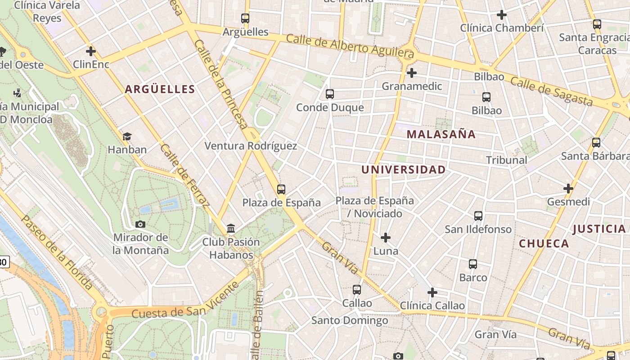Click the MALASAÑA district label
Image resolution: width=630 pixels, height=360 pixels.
click(x=441, y=134)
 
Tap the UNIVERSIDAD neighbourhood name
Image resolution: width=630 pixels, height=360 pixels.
click(x=404, y=170)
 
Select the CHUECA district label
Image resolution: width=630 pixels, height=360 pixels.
click(x=544, y=243)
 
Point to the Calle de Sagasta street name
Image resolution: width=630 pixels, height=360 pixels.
click(x=551, y=92)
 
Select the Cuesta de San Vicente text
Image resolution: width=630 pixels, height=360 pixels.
click(x=184, y=306)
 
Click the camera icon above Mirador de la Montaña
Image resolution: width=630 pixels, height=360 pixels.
click(x=140, y=224)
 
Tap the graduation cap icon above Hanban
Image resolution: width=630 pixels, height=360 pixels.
click(x=127, y=136)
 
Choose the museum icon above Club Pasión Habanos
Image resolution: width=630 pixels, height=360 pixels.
click(x=231, y=229)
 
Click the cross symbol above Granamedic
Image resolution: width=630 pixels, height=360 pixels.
click(x=411, y=72)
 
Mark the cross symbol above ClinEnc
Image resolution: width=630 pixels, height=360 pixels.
click(x=91, y=51)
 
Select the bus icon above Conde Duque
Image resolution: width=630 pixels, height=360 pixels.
click(x=330, y=94)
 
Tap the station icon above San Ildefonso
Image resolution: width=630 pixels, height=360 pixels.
click(x=478, y=216)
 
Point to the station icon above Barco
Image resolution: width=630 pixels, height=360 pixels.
click(x=473, y=264)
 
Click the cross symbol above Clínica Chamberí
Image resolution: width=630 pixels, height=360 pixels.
click(x=502, y=15)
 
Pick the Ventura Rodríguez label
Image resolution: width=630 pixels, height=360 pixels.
click(x=251, y=146)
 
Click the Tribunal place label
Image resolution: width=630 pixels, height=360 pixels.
click(x=506, y=160)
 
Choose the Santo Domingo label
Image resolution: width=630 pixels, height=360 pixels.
click(x=350, y=320)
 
